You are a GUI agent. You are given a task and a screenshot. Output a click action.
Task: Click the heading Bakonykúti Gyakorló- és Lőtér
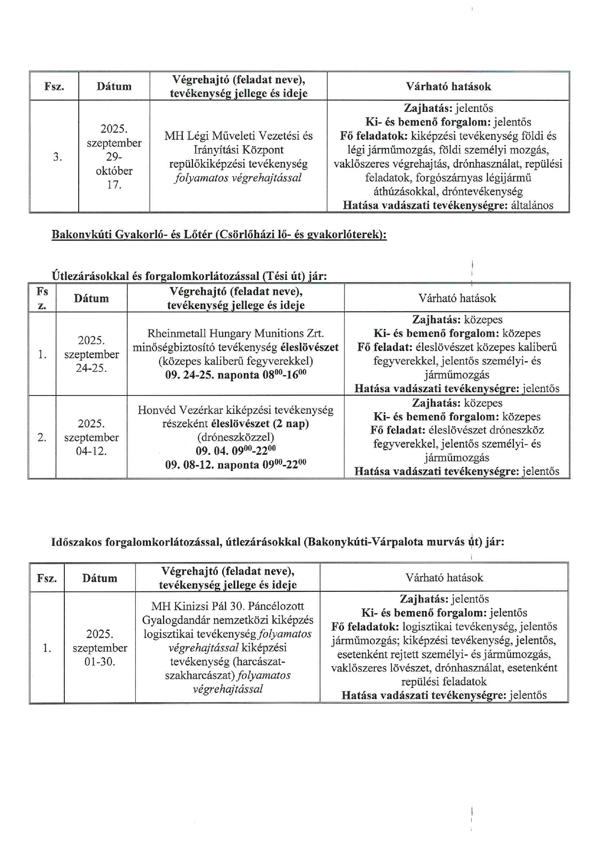point(219,235)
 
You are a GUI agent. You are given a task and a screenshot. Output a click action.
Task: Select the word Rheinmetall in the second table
point(169,333)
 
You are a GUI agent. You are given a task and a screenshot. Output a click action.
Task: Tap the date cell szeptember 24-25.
point(91,354)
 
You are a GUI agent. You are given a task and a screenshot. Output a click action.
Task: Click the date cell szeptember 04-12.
point(91,437)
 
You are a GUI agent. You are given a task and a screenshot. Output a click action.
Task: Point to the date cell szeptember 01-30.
point(100,648)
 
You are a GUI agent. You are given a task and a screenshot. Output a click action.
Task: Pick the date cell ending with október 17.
point(114,156)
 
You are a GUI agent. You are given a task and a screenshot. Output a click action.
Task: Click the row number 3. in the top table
point(57,157)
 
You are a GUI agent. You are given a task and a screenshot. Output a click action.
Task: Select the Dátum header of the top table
point(114,86)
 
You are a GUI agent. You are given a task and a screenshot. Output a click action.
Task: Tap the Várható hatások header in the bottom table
point(444,577)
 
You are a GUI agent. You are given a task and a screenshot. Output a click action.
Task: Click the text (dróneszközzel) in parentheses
point(236,437)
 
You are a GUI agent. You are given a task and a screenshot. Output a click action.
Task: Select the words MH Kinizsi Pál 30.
point(227,606)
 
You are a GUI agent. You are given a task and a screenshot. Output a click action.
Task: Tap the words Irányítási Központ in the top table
point(238,150)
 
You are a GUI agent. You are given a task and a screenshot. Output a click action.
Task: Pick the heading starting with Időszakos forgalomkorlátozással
point(277,542)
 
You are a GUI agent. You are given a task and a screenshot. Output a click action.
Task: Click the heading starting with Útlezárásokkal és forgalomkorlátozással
point(189,276)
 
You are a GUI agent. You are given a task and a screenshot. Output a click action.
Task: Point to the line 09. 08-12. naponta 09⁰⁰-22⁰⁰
point(236,465)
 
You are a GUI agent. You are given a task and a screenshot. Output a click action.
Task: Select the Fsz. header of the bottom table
point(47,578)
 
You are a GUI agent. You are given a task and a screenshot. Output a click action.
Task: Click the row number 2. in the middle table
point(42,437)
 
